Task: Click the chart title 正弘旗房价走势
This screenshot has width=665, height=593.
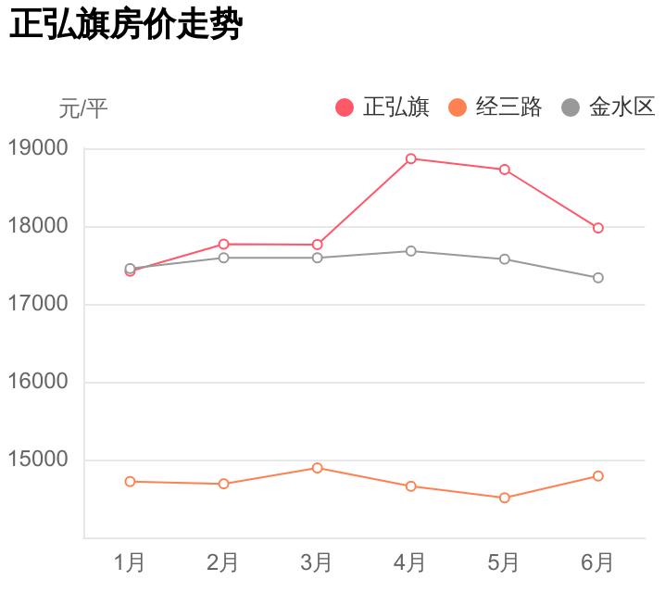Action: click(x=125, y=26)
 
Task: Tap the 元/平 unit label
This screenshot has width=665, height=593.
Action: click(x=83, y=109)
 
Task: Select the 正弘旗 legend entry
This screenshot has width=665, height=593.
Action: click(x=382, y=107)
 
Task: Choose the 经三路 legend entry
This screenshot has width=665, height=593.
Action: click(x=495, y=107)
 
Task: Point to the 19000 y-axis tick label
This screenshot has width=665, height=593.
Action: click(x=38, y=148)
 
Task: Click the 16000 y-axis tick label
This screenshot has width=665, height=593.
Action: click(x=38, y=382)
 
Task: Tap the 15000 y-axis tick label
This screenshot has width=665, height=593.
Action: click(x=38, y=460)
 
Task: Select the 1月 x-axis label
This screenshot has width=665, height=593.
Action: click(x=130, y=562)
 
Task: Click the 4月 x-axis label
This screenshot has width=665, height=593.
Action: click(x=410, y=562)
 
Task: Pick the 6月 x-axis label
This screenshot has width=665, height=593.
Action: click(x=598, y=562)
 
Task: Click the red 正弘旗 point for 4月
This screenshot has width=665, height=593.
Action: click(x=410, y=158)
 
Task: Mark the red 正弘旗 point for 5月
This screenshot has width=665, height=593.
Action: click(x=505, y=170)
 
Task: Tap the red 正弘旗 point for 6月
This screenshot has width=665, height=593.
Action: click(x=598, y=228)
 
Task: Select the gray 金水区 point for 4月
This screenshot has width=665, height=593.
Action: click(x=410, y=251)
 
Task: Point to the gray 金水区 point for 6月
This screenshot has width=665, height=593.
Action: click(x=598, y=278)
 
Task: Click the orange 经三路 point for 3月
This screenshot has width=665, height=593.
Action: click(x=317, y=468)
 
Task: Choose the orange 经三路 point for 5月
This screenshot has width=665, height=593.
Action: click(x=505, y=498)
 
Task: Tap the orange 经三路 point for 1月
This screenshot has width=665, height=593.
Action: click(x=130, y=482)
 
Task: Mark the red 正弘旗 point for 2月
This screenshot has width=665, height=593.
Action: click(x=223, y=244)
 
